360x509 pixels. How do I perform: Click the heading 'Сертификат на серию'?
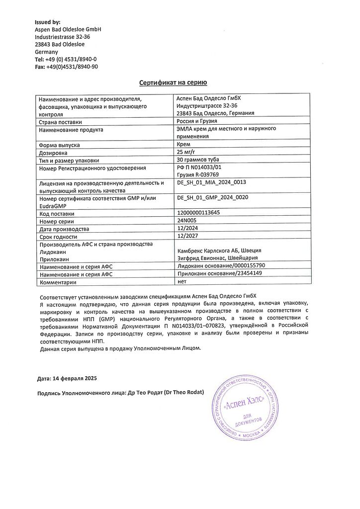pos(173,83)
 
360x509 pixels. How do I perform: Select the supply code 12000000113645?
pos(198,213)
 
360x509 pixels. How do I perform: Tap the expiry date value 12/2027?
pos(187,237)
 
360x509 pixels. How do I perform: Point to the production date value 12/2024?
pos(187,229)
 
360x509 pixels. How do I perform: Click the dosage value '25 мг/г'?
pos(187,152)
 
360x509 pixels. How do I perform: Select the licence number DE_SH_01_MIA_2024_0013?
pos(211,182)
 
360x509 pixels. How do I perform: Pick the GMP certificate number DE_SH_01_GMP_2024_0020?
pos(212,198)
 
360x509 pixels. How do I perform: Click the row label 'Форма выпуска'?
pos(59,145)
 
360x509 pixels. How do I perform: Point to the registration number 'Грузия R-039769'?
pos(198,174)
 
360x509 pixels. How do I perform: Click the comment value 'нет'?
pos(181,281)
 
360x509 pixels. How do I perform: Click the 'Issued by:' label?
pos(47,22)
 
